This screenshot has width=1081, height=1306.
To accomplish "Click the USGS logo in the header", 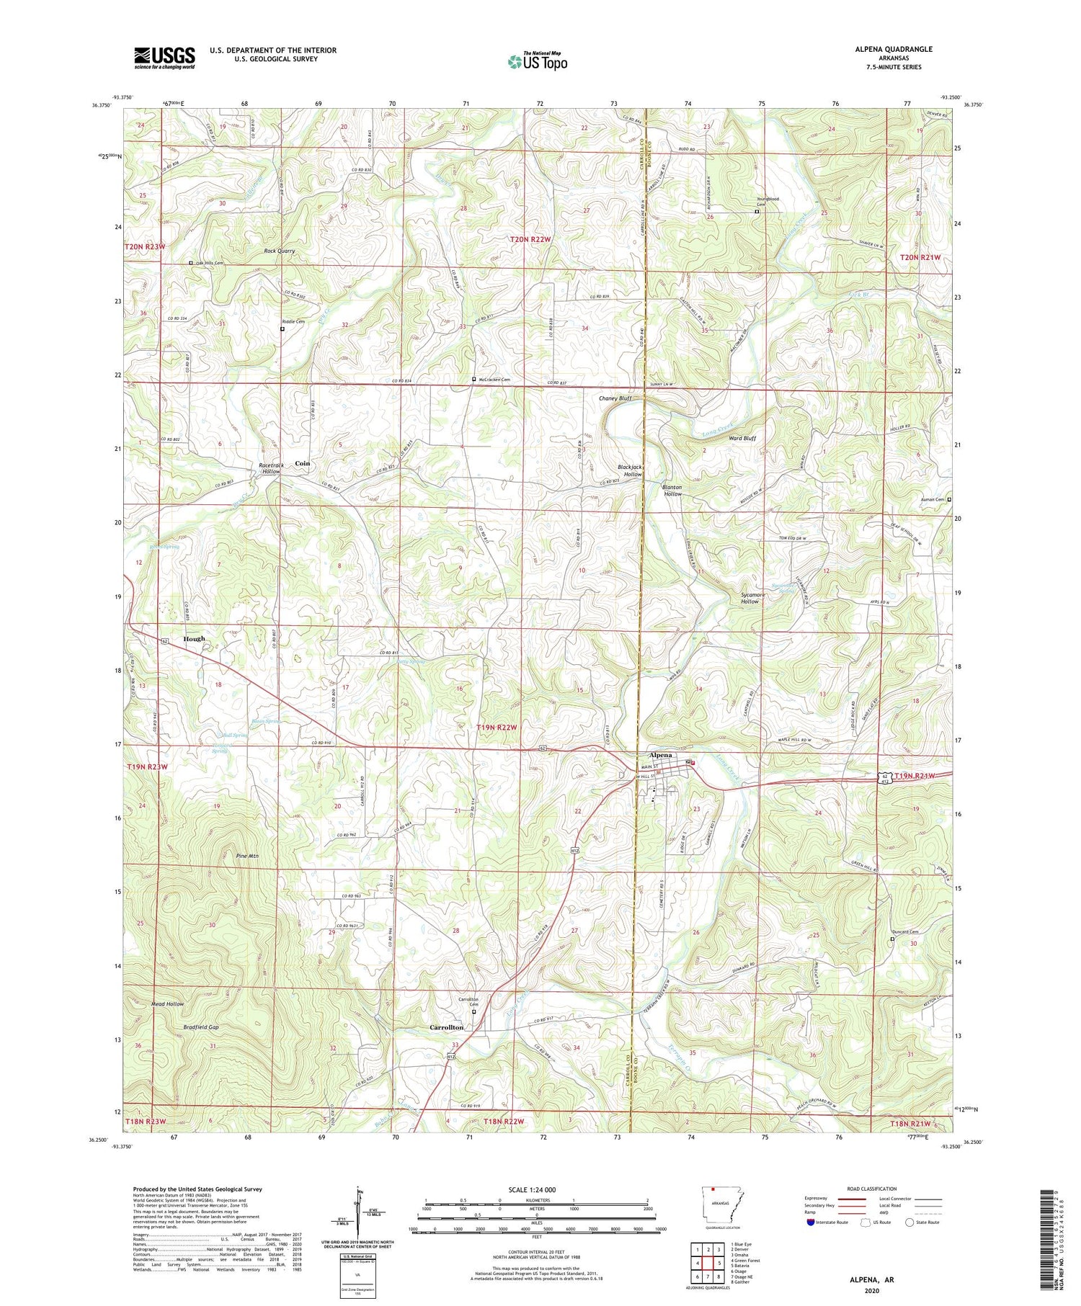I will click(x=164, y=58).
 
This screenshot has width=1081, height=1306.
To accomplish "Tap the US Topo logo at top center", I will click(x=538, y=61).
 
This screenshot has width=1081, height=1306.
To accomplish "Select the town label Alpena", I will click(x=660, y=755).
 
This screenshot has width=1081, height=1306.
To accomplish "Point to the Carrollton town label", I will click(x=446, y=1027).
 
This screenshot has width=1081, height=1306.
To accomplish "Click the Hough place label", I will click(x=194, y=639).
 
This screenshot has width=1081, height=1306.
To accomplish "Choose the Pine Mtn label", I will click(x=247, y=856).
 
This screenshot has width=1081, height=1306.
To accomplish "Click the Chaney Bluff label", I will click(x=615, y=398).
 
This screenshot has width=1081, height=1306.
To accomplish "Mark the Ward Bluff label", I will click(x=742, y=438).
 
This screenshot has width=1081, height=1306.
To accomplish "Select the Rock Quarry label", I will click(x=279, y=251).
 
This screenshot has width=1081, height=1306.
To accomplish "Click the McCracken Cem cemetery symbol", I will click(x=473, y=380).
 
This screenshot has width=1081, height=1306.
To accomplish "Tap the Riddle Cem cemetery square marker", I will click(x=282, y=328).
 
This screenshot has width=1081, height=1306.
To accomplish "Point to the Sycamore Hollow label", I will click(x=749, y=597).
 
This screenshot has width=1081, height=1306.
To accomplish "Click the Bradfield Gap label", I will click(x=201, y=1027).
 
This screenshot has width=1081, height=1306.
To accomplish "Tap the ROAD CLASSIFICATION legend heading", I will click(x=872, y=1189).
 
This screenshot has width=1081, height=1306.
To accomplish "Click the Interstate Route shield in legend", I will click(x=811, y=1222).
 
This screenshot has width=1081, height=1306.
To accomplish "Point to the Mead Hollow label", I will click(x=167, y=1003).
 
